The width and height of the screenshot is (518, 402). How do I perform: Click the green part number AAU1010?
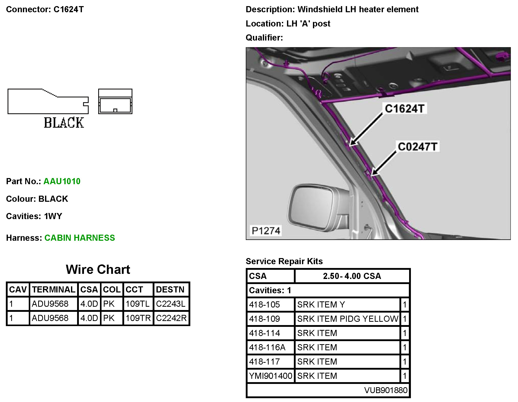62,181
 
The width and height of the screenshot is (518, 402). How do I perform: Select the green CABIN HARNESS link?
80,238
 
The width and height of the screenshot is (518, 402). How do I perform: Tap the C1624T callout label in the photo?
405,109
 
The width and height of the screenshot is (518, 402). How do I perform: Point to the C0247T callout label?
418,147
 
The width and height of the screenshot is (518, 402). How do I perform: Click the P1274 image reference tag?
266,231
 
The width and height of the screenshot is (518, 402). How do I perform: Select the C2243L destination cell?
171,304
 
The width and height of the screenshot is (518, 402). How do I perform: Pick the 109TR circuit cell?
138,318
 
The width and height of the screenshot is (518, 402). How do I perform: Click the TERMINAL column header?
53,290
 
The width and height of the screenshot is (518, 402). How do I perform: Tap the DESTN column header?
170,290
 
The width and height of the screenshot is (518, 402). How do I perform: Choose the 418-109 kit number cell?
265,319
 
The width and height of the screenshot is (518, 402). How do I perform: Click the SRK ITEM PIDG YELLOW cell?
348,319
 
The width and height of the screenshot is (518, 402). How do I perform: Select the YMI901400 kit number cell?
270,376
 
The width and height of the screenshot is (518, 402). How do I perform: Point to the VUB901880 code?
386,390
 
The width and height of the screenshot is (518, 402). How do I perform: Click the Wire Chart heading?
98,270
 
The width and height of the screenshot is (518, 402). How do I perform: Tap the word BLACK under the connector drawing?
64,123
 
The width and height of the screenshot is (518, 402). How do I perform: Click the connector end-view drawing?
115,101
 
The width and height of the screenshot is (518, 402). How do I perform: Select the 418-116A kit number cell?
267,347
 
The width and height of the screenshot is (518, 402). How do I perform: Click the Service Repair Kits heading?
284,261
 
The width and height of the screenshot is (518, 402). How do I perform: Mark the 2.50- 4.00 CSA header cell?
352,276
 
